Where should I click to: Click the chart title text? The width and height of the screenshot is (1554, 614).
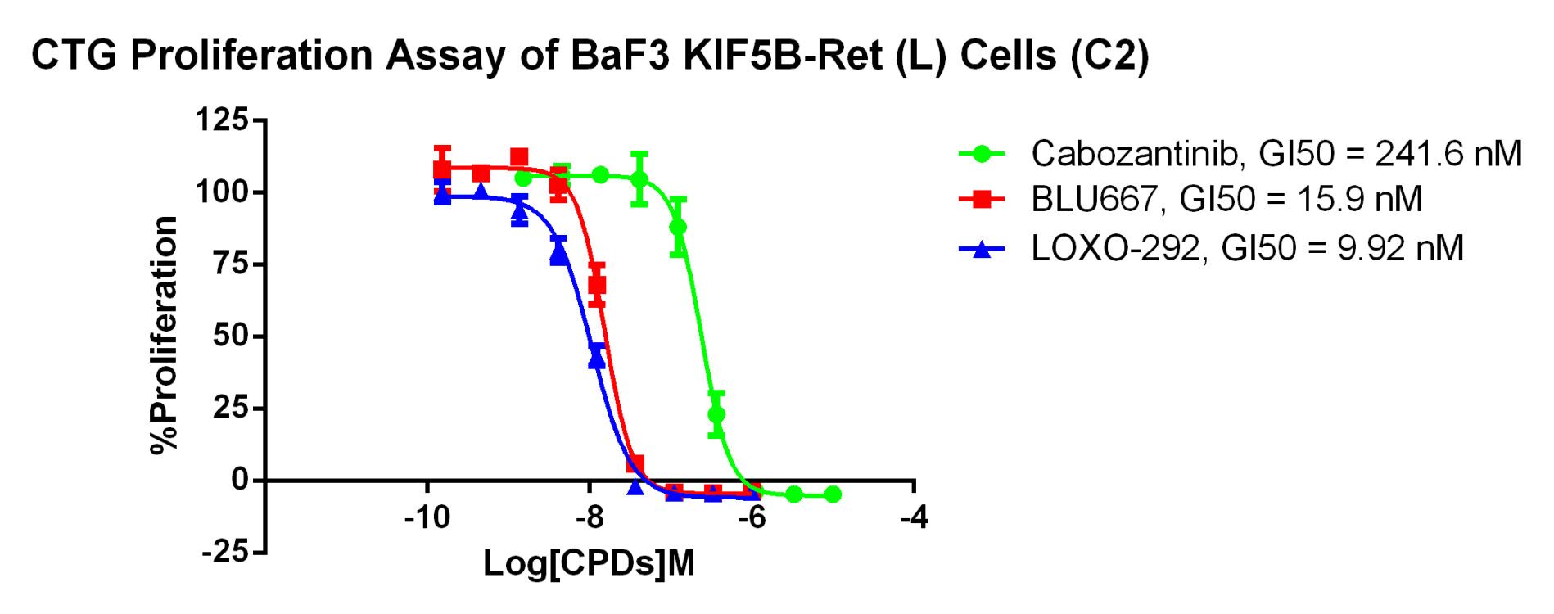pyautogui.click(x=590, y=56)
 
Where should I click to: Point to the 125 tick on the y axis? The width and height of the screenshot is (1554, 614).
pyautogui.click(x=221, y=120)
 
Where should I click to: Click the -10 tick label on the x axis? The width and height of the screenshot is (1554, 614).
pyautogui.click(x=427, y=518)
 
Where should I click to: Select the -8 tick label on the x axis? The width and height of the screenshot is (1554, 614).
pyautogui.click(x=589, y=518)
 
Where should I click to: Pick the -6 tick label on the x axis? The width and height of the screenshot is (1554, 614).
pyautogui.click(x=751, y=518)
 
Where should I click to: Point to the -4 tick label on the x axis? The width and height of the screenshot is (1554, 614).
pyautogui.click(x=913, y=518)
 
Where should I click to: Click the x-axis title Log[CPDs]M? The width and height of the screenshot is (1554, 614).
pyautogui.click(x=589, y=563)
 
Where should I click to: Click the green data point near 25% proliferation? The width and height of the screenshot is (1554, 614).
pyautogui.click(x=716, y=414)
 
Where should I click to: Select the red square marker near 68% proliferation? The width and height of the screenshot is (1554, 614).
pyautogui.click(x=597, y=285)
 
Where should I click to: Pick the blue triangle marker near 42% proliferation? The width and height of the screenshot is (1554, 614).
pyautogui.click(x=597, y=359)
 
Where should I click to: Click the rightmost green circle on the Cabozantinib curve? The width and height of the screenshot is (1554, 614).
pyautogui.click(x=833, y=494)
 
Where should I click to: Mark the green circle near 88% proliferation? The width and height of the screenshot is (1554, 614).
pyautogui.click(x=678, y=227)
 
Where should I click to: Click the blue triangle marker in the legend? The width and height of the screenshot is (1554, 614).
pyautogui.click(x=981, y=248)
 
